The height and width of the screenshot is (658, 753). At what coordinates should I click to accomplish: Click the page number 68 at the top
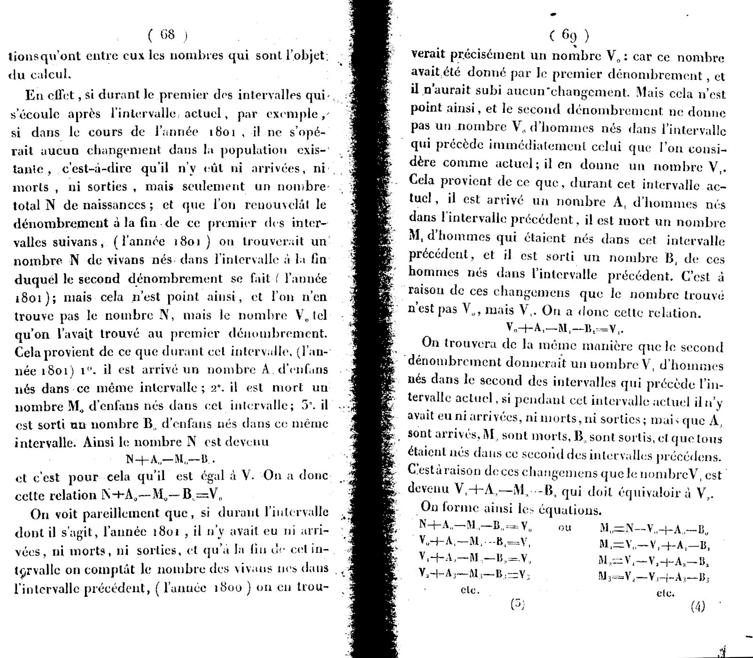167,34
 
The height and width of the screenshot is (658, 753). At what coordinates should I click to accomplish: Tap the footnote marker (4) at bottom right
698,607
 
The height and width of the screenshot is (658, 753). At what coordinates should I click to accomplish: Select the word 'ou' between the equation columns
565,528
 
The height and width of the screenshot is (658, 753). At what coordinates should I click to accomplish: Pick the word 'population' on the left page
262,150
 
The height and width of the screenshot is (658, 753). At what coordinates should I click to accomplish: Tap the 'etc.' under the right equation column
665,593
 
